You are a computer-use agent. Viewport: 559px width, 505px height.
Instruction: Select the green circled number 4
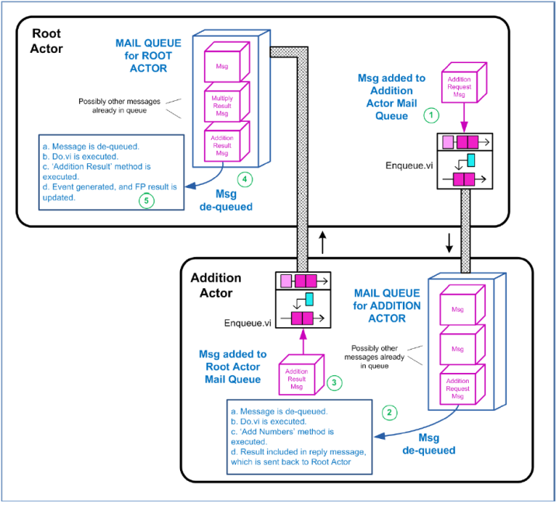245,179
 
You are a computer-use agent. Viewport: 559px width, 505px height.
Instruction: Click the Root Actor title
47,42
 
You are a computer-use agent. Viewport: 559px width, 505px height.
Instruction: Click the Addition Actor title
216,284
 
